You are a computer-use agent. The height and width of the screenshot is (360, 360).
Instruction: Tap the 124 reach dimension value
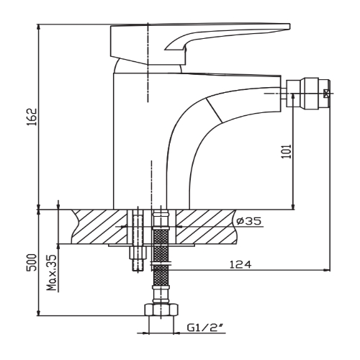tap(240, 266)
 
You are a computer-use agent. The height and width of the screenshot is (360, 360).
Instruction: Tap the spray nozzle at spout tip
tap(305, 92)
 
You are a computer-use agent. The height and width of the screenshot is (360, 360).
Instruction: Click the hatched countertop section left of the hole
tap(97, 225)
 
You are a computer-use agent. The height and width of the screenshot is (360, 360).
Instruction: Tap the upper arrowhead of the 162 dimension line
tap(37, 28)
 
